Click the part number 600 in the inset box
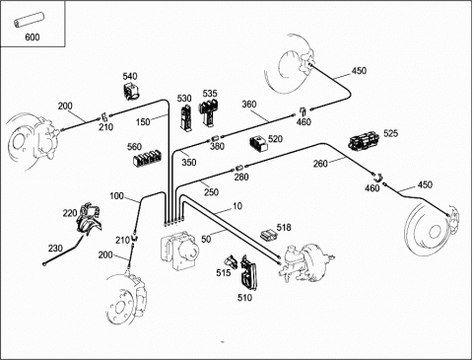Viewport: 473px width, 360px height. point(33,37)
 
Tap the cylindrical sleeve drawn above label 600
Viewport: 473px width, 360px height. point(29,20)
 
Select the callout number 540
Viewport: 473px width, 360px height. point(130,76)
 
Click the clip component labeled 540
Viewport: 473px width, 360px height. point(131,91)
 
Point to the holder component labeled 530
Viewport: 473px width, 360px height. point(185,117)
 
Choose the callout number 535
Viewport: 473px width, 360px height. point(210,94)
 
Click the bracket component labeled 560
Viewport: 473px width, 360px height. point(149,158)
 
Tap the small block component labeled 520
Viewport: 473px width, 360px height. point(258,144)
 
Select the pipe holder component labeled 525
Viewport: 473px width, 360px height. point(364,140)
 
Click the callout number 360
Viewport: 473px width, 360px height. point(249,105)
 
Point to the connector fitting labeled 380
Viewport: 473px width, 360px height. point(217,137)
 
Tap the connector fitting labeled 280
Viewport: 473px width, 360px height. point(239,168)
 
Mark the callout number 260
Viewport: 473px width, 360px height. point(320,164)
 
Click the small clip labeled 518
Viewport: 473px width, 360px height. point(268,234)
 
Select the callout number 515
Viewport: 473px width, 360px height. point(224,273)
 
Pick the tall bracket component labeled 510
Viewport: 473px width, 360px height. point(247,273)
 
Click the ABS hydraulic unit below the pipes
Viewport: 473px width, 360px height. point(179,251)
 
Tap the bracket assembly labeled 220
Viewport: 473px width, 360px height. point(89,219)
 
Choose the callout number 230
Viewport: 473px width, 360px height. point(55,249)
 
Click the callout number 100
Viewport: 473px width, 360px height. point(116,196)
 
